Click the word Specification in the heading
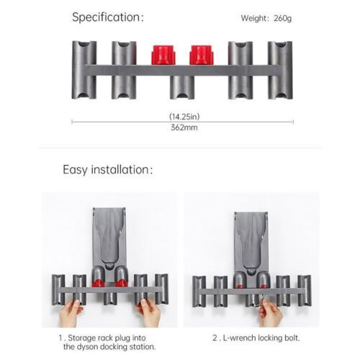106,17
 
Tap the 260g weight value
282,18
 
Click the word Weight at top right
253,19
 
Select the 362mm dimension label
184,127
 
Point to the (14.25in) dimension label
184,117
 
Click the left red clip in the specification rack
163,55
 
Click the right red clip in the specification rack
202,55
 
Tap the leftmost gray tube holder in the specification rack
84,70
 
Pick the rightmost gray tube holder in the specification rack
280,70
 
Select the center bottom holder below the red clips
182,87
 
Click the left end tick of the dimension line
72,122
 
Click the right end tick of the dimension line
293,122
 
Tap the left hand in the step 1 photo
70,313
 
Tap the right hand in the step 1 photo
149,313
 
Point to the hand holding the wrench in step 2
271,313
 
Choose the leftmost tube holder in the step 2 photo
199,292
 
